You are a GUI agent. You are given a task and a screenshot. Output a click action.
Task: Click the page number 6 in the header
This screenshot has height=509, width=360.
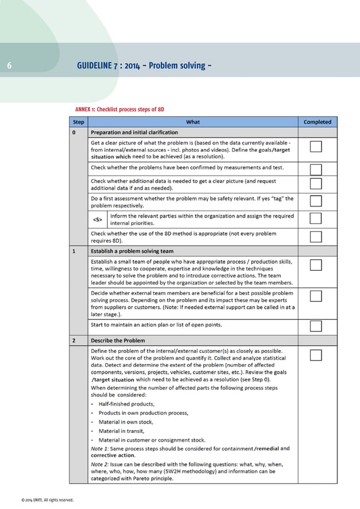(9, 67)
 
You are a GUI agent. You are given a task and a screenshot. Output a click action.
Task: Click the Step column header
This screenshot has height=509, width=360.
(78, 121)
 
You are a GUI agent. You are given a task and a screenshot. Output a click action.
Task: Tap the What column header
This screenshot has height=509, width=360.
(192, 121)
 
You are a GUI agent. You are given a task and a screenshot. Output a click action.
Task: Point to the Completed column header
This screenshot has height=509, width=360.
(317, 121)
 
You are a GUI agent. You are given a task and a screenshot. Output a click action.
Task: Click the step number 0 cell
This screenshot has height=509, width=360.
(74, 133)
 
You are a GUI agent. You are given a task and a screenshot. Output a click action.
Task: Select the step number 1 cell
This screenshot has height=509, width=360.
(74, 251)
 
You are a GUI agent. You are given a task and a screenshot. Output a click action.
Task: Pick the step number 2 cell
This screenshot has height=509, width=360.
(74, 341)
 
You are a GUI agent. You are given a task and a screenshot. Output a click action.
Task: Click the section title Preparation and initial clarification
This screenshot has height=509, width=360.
(134, 133)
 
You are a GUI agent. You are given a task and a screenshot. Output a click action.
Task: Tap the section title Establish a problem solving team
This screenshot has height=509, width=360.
(132, 251)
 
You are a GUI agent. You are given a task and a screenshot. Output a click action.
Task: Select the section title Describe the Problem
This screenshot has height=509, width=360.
(118, 341)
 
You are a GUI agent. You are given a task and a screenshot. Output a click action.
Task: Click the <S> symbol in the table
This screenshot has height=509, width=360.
(97, 220)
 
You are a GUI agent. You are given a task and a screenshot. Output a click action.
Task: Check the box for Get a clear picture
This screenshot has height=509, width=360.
(316, 147)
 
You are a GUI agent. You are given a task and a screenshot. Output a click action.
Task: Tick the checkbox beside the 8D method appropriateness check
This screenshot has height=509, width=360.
(316, 236)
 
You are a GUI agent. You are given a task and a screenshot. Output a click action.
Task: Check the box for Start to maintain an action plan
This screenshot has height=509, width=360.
(316, 326)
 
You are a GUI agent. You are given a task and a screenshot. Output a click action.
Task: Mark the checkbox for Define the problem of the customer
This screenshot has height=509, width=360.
(316, 355)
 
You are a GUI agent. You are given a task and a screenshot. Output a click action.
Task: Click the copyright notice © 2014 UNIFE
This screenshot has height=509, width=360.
(47, 500)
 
